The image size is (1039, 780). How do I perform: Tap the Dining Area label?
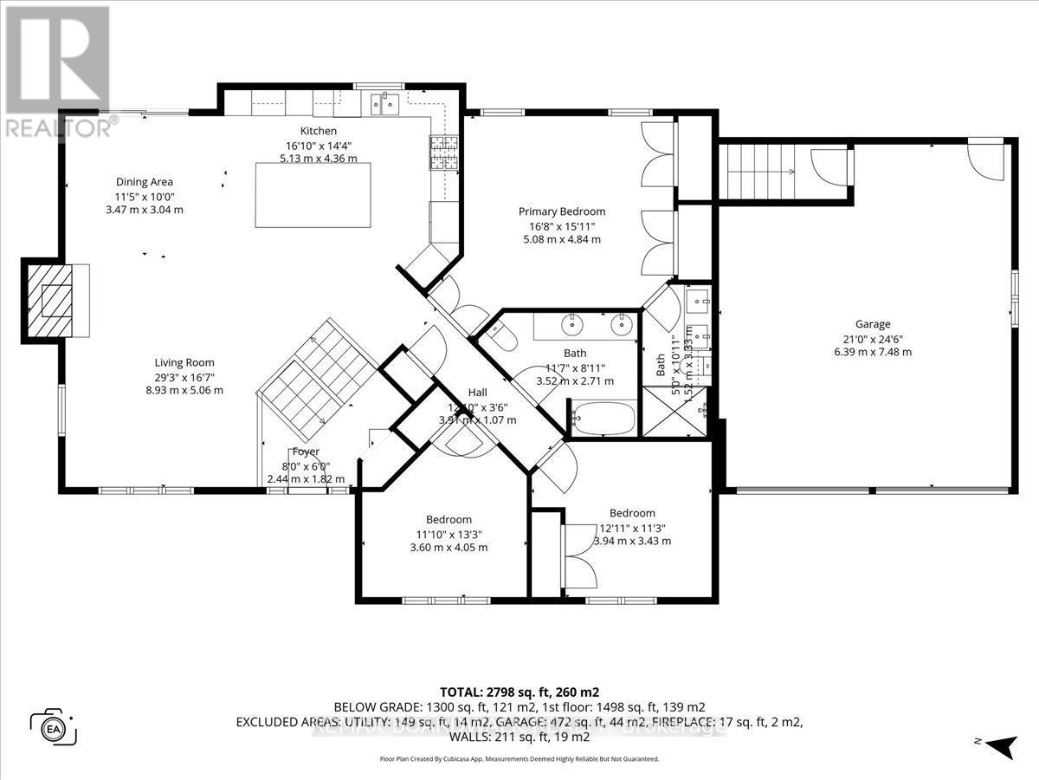[x=145, y=182]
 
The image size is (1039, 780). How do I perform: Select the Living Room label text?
[x=184, y=362]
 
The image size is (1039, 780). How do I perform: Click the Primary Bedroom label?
[x=561, y=211]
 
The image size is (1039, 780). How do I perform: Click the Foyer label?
[x=306, y=452]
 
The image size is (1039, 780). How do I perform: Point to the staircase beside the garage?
[x=759, y=172]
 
